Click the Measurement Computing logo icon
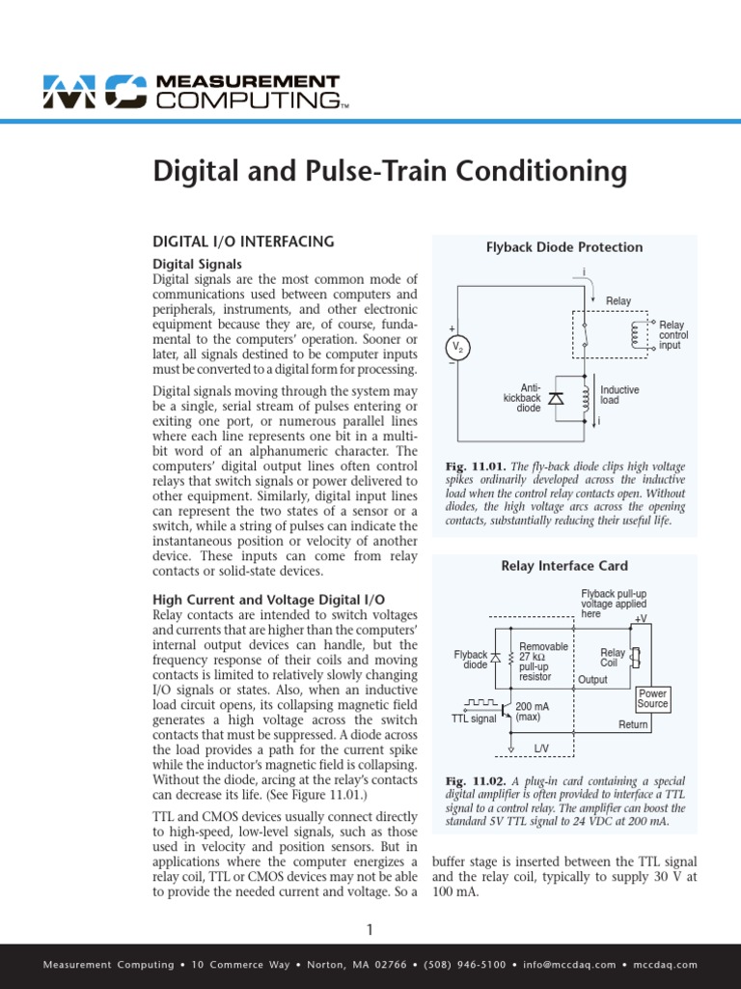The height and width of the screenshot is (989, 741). (x=94, y=92)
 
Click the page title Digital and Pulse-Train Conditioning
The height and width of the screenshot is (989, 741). (x=390, y=172)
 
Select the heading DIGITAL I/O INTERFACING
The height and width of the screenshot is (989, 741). (x=244, y=241)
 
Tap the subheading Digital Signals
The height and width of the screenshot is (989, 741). (x=198, y=264)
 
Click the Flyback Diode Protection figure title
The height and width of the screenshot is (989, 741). (x=564, y=247)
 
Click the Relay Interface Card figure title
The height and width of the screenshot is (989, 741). (x=564, y=566)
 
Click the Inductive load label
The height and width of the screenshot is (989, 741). (x=619, y=394)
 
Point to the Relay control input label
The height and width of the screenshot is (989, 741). (x=672, y=335)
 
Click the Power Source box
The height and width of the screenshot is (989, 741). (x=652, y=699)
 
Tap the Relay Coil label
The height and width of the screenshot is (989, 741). (x=612, y=659)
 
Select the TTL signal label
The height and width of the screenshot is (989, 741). (x=473, y=720)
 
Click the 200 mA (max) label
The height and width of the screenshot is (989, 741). (x=534, y=712)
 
